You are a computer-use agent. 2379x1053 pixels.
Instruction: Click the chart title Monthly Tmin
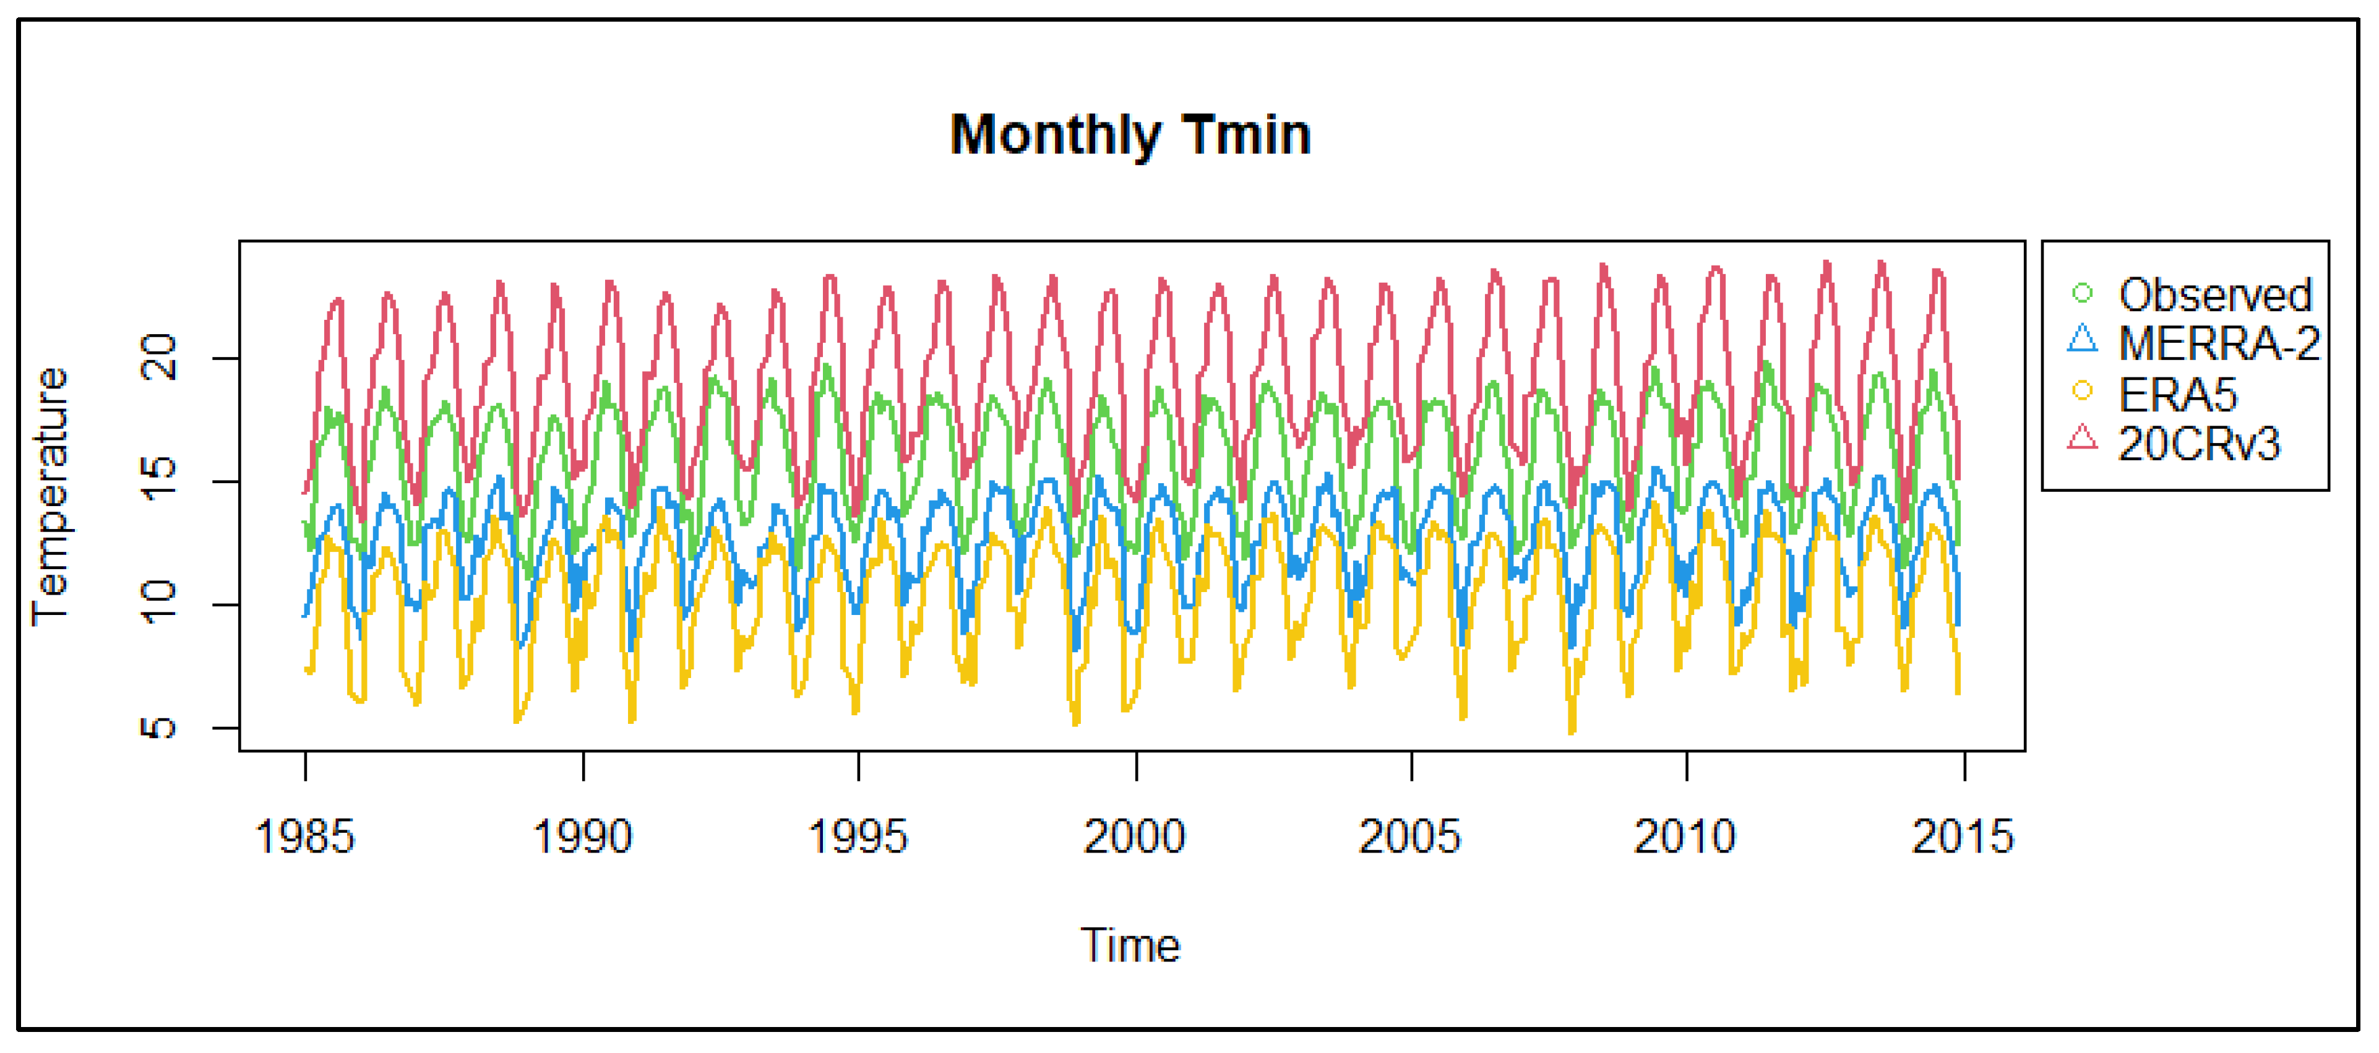click(x=1130, y=135)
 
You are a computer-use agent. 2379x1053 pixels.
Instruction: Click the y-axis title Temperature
click(x=51, y=497)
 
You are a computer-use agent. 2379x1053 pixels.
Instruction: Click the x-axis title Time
click(x=1130, y=945)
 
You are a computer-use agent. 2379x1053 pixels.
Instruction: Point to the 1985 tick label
click(x=305, y=837)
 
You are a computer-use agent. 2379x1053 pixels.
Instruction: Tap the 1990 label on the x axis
click(x=583, y=837)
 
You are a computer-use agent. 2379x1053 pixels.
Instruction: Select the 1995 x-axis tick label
click(x=858, y=837)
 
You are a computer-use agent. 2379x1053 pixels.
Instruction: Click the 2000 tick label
click(x=1135, y=837)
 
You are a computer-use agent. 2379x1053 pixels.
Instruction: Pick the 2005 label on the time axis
click(x=1410, y=837)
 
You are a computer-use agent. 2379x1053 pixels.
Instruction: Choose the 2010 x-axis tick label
click(x=1685, y=837)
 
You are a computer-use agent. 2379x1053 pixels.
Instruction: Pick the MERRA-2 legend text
click(x=2218, y=343)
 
